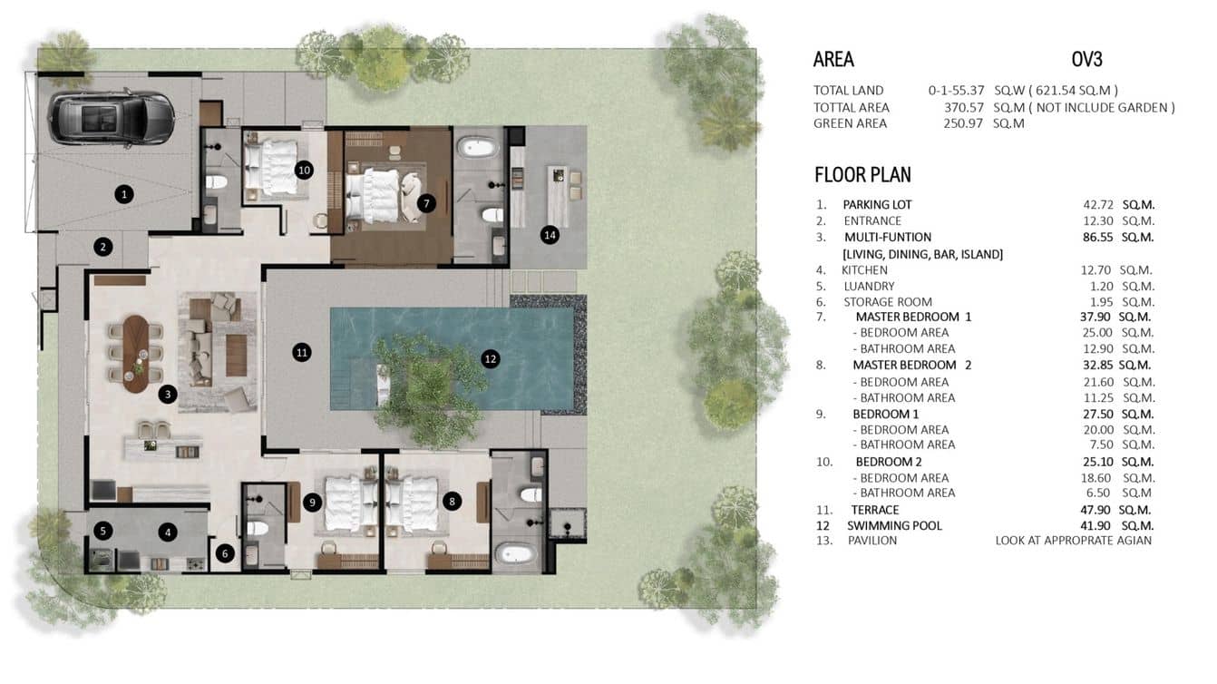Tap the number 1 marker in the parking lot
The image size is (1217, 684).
click(x=124, y=193)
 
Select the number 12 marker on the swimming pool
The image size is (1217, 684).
click(x=490, y=359)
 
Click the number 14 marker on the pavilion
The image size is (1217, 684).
click(x=549, y=235)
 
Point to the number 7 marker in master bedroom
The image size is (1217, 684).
click(x=424, y=204)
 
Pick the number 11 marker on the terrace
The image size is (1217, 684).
click(x=302, y=353)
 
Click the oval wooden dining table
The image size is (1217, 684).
click(x=135, y=353)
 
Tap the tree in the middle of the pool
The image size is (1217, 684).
click(x=417, y=386)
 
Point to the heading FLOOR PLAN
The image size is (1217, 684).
click(x=862, y=175)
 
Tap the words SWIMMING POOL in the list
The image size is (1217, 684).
click(x=894, y=525)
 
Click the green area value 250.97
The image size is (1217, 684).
click(x=965, y=123)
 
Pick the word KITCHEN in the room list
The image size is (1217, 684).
click(x=864, y=270)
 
